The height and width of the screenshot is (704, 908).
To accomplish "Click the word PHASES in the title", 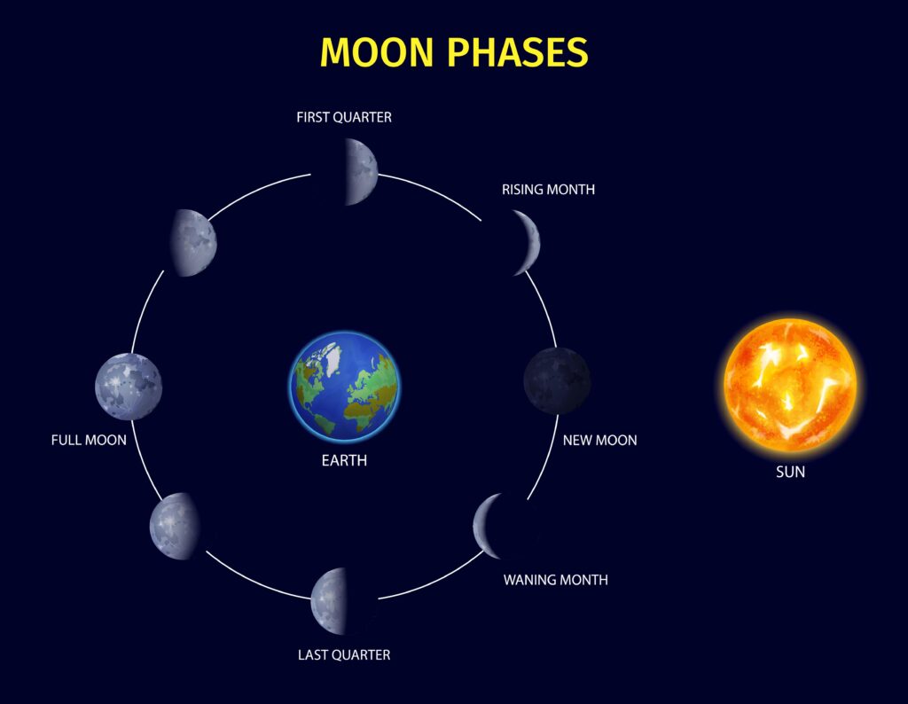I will [519, 52].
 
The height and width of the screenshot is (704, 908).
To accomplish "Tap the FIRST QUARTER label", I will [344, 117].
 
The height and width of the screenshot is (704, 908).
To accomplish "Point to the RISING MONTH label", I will [548, 190].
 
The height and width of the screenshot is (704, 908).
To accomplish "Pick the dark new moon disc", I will [557, 380].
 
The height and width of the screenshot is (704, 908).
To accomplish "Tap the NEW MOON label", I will [599, 441].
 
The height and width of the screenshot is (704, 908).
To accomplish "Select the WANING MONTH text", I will [556, 580].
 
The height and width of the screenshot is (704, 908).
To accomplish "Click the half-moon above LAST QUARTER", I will [329, 601].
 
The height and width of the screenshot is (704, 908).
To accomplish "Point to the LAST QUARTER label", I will [344, 655].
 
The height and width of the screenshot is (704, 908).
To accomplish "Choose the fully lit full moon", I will [129, 386].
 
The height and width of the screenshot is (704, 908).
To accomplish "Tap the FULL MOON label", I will [89, 440].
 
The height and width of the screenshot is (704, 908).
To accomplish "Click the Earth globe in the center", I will [344, 386].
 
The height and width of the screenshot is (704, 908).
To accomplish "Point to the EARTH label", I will [344, 461].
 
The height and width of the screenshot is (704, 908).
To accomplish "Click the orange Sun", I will [790, 386].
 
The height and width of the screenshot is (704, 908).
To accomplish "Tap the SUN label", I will [790, 473].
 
